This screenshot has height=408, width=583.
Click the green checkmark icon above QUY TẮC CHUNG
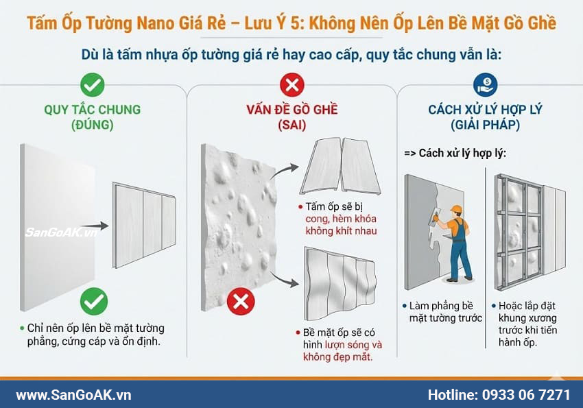pos(92,85)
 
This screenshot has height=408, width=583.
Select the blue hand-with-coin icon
pos(486,84)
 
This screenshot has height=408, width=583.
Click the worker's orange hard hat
pos(456,209)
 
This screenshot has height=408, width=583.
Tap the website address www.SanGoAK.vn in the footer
pos(73,394)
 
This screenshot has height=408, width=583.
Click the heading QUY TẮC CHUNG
pos(92,110)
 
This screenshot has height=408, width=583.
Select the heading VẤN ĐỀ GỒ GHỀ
pos(292,110)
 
